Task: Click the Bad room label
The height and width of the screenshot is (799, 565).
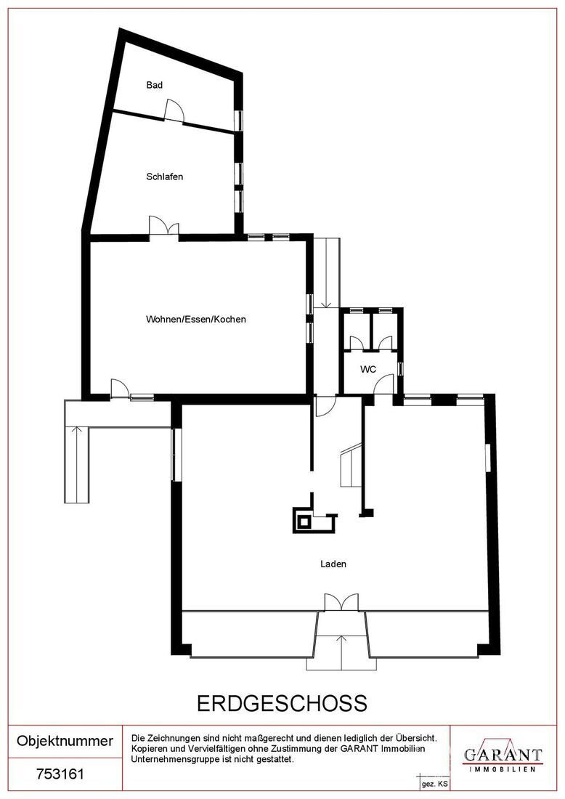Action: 155,85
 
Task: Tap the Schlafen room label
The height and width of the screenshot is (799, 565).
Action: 165,177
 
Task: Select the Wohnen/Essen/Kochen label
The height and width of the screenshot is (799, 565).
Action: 196,320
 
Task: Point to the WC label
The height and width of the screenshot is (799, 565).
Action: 368,369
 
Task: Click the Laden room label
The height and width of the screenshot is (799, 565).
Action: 333,564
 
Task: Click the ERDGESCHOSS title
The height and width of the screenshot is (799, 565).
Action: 282,704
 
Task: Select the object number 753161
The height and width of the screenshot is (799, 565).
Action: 60,774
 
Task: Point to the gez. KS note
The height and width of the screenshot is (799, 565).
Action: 434,784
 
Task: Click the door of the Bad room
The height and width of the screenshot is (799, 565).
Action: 174,111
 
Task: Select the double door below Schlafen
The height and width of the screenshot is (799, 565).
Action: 164,226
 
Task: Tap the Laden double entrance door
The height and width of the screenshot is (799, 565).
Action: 341,602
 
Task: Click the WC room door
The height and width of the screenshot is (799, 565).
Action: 383,384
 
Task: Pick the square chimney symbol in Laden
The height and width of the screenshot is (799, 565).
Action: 304,521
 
